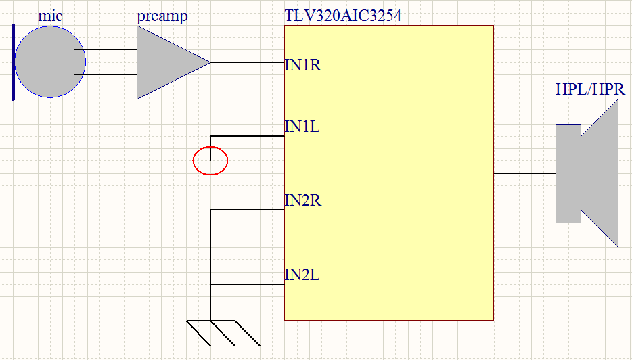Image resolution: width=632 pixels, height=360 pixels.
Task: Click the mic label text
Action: [50, 16]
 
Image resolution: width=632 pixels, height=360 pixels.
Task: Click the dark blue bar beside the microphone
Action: [13, 62]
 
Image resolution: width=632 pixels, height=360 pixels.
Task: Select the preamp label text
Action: [162, 16]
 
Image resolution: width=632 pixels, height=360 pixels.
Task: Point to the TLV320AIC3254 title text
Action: [343, 16]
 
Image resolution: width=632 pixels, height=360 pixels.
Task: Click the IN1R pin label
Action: [302, 65]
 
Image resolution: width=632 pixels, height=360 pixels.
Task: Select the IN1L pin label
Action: [302, 126]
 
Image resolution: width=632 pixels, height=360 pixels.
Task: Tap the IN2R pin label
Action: [302, 200]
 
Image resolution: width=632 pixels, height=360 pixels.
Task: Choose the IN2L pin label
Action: [302, 275]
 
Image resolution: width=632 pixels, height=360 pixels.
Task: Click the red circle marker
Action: [210, 161]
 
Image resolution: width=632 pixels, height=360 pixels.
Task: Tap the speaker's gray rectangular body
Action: [568, 173]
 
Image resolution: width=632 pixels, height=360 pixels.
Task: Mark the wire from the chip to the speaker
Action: [524, 173]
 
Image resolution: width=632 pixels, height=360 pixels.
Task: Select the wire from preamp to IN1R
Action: [247, 62]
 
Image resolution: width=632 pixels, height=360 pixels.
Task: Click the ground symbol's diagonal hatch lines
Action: [224, 333]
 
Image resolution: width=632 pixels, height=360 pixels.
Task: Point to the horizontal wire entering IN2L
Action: [247, 284]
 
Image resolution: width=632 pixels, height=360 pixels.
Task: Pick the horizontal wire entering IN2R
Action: [247, 210]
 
